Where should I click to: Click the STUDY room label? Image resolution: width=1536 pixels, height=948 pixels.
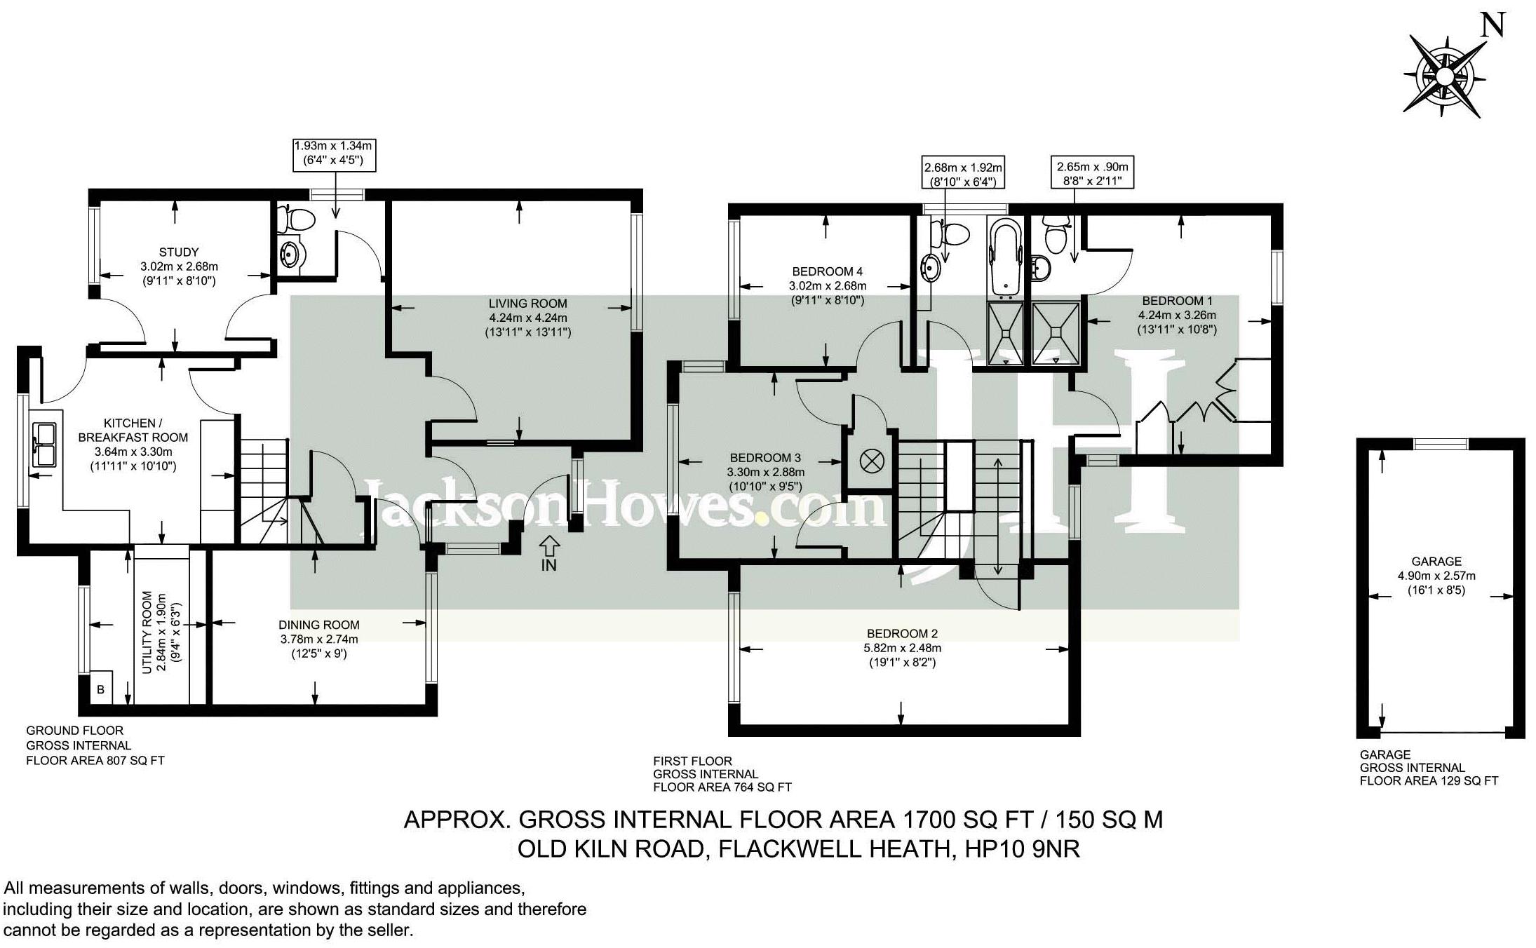(x=179, y=252)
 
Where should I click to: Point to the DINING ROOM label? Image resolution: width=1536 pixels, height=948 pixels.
(x=319, y=625)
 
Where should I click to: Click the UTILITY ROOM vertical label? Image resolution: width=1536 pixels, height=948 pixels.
(x=147, y=632)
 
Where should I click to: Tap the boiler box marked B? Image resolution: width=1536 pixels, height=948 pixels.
(x=100, y=689)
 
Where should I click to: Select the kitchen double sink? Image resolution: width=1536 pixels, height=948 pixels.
(x=46, y=444)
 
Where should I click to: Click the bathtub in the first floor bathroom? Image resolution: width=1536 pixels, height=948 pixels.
(x=1006, y=257)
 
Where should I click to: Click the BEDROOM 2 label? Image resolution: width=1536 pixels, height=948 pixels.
(x=902, y=633)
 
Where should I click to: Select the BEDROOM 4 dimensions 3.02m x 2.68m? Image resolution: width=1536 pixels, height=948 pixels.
(x=828, y=286)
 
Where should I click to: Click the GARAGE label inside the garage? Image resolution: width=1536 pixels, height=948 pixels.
(x=1436, y=561)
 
